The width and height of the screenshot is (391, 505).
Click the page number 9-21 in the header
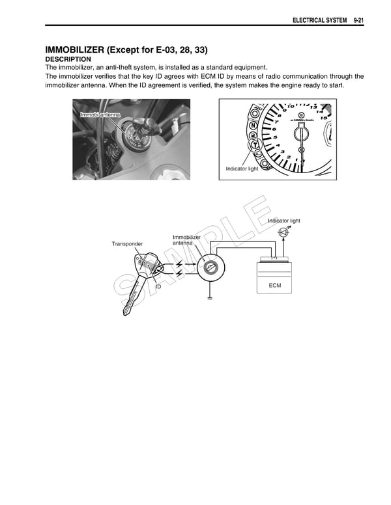tap(358, 21)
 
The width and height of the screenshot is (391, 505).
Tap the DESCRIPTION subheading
tap(68, 59)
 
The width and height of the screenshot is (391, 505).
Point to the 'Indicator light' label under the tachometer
tap(242, 169)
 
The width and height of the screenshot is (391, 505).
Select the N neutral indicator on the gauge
tap(252, 125)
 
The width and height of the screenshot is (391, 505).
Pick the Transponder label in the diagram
tap(127, 244)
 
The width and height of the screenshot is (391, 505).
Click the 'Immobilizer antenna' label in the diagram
tap(186, 240)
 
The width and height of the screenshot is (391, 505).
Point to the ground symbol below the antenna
tap(209, 299)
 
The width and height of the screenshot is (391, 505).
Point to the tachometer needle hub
tap(300, 133)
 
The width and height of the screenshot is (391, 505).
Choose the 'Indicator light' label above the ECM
tap(283, 221)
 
